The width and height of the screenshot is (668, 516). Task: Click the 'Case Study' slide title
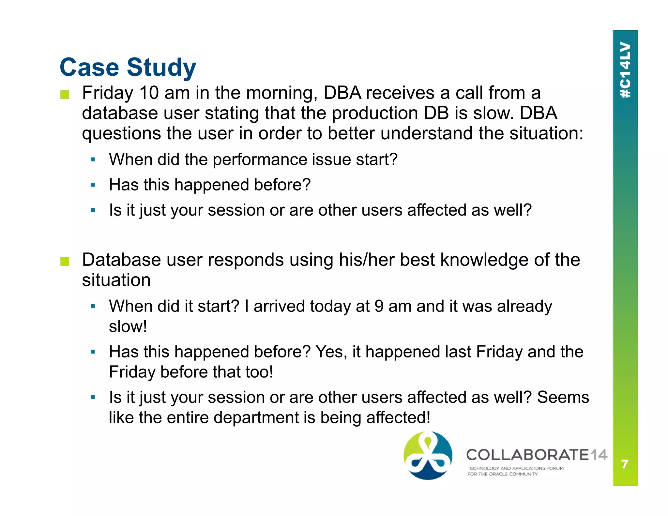(x=128, y=67)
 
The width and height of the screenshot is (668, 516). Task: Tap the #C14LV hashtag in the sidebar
(x=625, y=70)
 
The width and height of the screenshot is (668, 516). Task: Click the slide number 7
(x=625, y=464)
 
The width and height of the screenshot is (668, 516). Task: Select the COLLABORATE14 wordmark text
(x=537, y=455)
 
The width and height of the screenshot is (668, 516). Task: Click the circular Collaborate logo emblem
(x=428, y=456)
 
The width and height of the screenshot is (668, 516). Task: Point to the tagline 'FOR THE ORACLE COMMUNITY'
(x=502, y=474)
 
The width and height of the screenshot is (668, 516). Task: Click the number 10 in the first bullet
(x=149, y=93)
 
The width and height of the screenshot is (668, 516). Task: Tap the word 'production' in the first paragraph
(x=375, y=113)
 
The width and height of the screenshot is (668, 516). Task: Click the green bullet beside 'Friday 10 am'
(x=65, y=95)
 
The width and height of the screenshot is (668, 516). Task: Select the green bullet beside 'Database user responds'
(x=65, y=262)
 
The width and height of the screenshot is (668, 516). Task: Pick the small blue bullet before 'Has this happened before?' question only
(x=93, y=185)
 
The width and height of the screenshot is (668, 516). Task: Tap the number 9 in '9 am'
(x=379, y=306)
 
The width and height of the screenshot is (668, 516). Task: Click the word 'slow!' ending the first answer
(x=128, y=326)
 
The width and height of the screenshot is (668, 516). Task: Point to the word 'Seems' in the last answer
(x=563, y=398)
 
